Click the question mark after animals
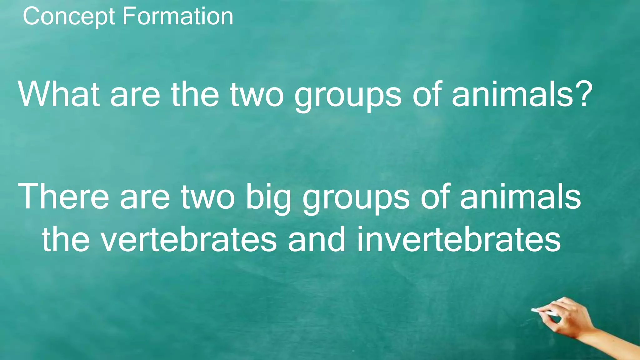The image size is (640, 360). tap(583, 94)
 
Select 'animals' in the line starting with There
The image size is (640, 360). tap(520, 197)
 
